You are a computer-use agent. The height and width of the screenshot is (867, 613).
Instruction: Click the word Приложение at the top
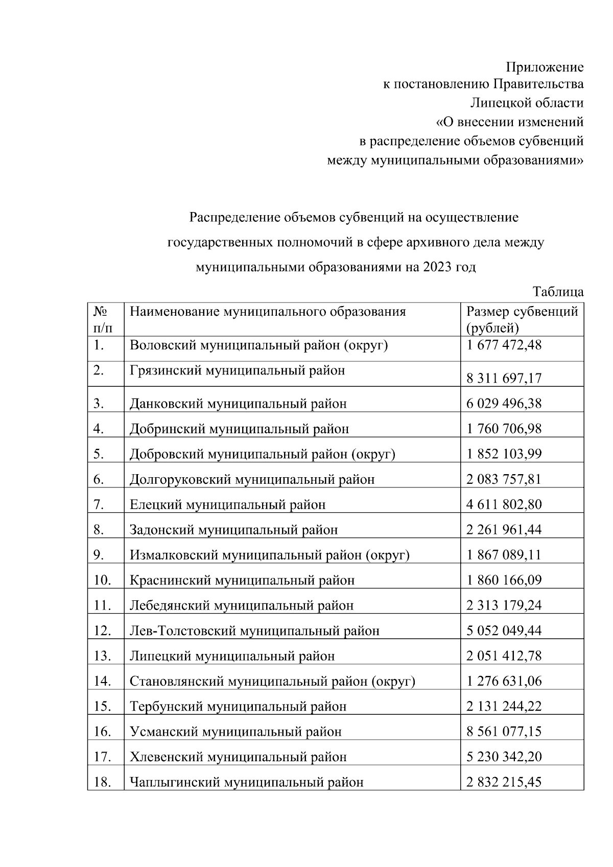[544, 67]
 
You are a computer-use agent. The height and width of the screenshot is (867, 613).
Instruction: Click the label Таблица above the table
[558, 292]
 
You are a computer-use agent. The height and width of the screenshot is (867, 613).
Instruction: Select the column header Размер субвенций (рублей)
[522, 319]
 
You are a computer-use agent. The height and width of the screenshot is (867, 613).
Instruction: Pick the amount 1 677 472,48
[504, 345]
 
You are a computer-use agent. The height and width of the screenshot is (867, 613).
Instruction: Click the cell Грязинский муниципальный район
[237, 370]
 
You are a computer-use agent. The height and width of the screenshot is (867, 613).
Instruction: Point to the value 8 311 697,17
[504, 378]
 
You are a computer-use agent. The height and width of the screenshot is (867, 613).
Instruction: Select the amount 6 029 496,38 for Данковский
[504, 404]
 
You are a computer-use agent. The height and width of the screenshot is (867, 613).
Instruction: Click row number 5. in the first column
[99, 454]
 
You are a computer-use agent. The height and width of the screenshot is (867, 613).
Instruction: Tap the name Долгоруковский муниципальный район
[252, 479]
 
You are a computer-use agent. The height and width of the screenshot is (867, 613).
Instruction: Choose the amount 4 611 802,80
[504, 504]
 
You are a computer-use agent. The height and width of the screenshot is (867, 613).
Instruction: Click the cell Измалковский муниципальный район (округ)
[269, 555]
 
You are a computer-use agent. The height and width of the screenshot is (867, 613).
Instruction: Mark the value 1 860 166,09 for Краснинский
[504, 580]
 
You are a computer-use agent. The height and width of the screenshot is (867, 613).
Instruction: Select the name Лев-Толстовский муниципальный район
[254, 631]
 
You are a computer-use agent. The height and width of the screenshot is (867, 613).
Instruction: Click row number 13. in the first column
[102, 655]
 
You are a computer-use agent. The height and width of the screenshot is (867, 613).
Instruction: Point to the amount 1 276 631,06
[504, 681]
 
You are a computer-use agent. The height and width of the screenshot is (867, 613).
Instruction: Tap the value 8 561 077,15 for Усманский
[504, 732]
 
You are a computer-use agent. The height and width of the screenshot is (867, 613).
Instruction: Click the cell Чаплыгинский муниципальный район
[246, 782]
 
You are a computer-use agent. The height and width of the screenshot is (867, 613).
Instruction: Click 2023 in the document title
[434, 267]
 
